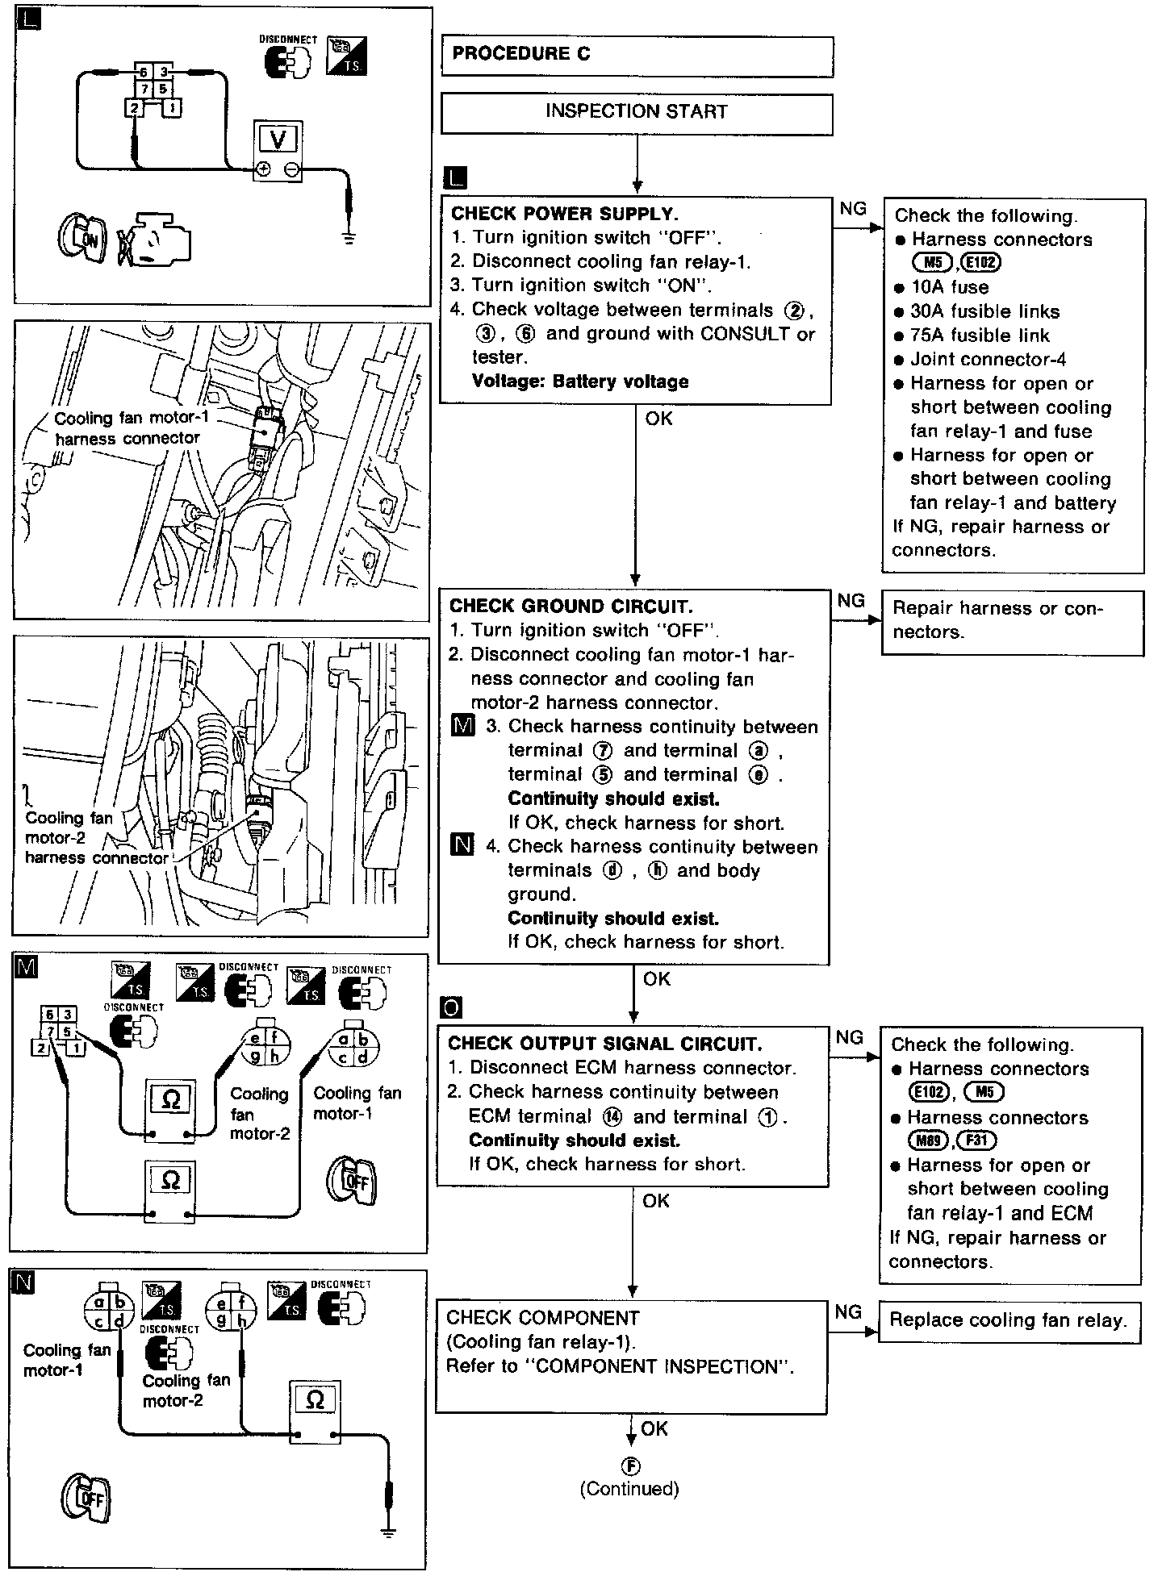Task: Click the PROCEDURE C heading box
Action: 637,55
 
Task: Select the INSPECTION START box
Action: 637,112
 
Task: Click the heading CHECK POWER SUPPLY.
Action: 564,215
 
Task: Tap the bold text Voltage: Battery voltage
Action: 579,381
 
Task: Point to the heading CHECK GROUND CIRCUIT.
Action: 571,607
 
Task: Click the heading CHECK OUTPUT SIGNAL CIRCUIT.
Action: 604,1044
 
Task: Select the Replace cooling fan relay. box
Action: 1008,1320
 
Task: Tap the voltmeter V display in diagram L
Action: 278,140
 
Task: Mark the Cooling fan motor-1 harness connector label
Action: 127,428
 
